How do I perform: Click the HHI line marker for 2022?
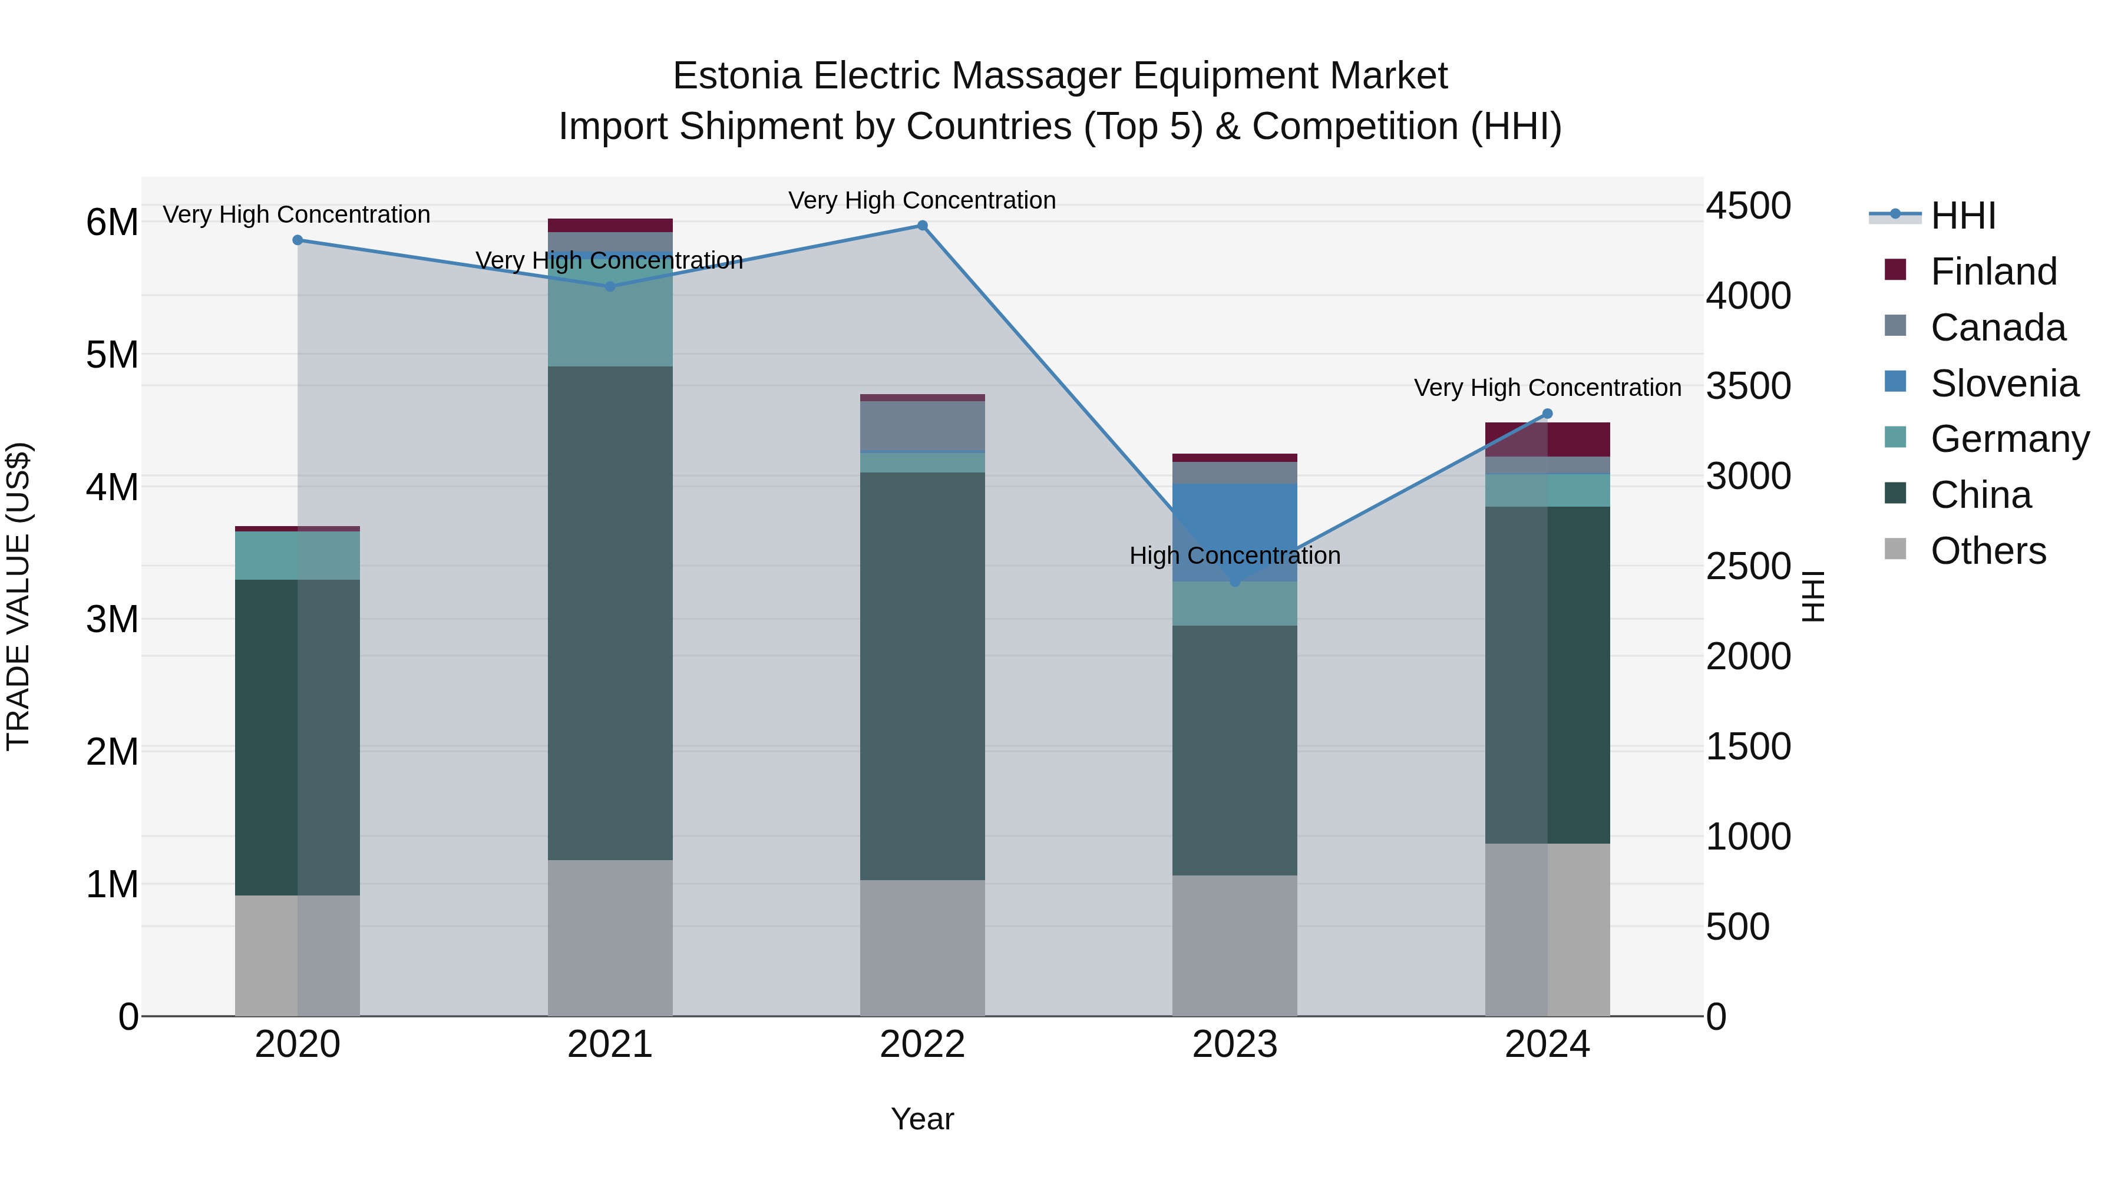point(922,226)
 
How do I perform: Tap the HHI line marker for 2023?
point(1234,582)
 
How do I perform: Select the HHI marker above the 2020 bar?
point(298,240)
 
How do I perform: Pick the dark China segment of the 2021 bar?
point(610,613)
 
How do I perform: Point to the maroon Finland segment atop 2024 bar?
point(1547,439)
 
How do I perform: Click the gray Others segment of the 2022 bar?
point(922,947)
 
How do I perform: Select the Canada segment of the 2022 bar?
point(922,426)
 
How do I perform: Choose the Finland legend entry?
point(1993,272)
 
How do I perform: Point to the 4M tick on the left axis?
point(112,487)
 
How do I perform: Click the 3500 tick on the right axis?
point(1747,386)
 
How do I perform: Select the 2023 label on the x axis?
point(1234,1045)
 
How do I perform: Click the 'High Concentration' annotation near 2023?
point(1234,556)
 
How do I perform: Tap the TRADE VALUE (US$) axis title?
point(18,596)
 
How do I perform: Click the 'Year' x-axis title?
point(922,1119)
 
